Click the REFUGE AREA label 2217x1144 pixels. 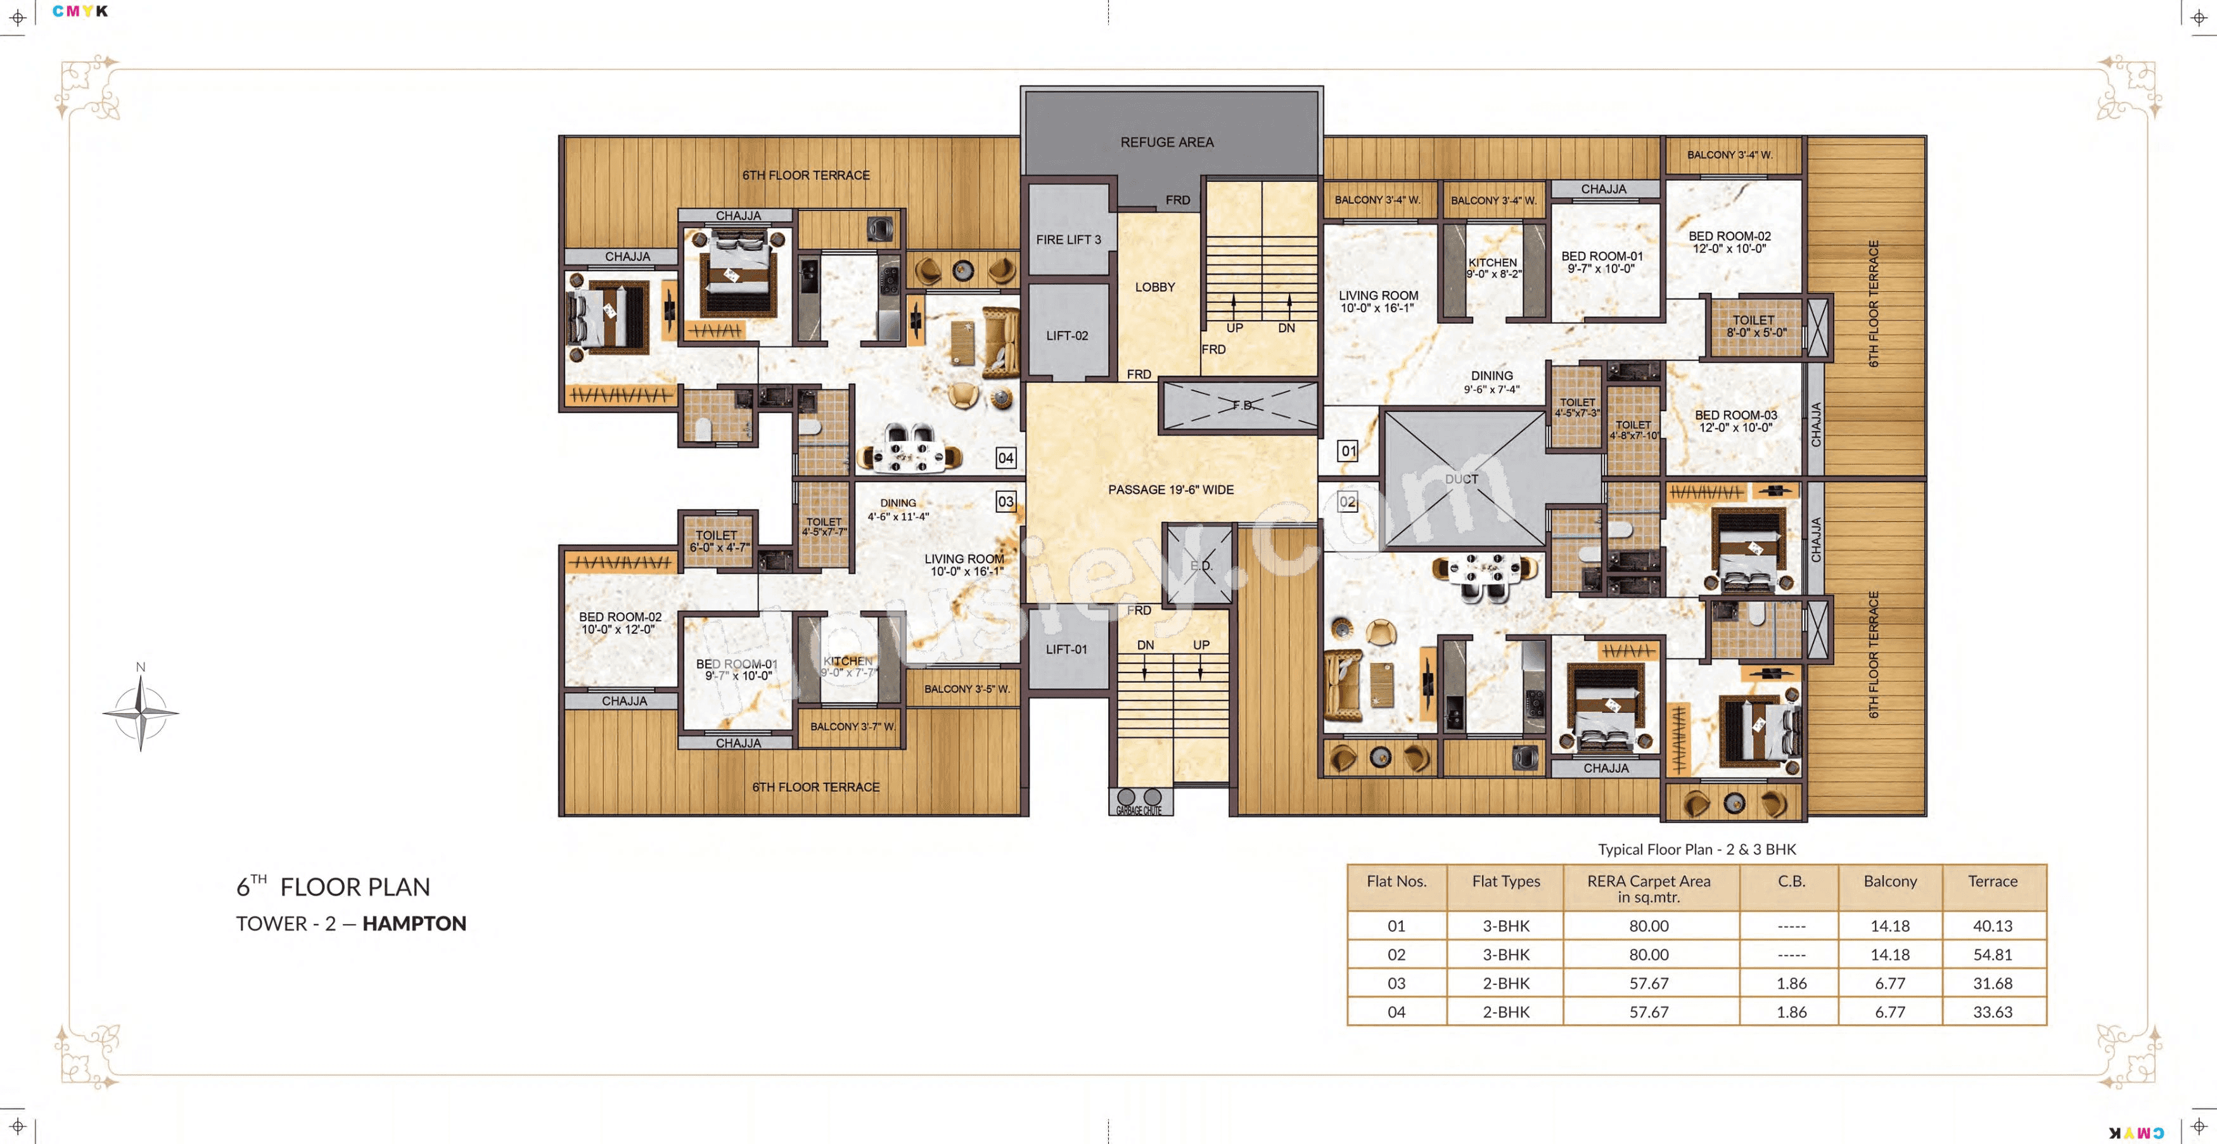pos(1167,142)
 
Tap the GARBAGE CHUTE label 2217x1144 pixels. pos(1139,810)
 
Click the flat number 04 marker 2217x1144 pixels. pos(1006,458)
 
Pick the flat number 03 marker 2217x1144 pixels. pos(1006,501)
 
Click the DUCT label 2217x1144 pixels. pos(1461,479)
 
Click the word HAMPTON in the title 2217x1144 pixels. pos(414,923)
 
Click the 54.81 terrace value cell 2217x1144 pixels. pos(1992,954)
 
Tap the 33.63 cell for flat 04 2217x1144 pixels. pos(1992,1012)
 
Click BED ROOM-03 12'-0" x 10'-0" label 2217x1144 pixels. pos(1735,421)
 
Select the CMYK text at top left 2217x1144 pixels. pos(80,11)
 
